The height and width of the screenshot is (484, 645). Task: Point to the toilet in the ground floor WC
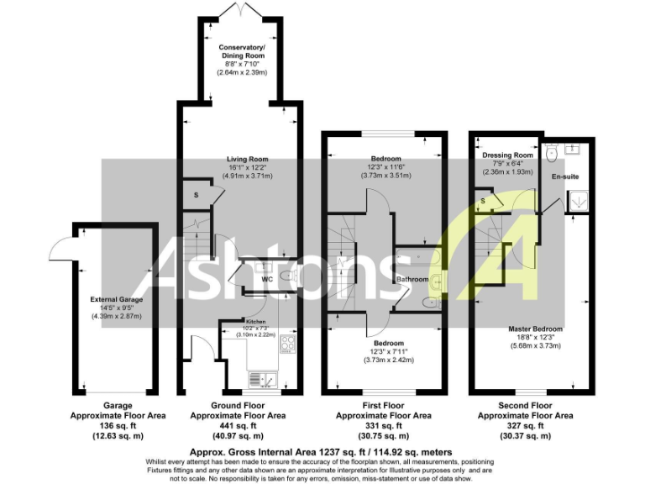click(x=286, y=276)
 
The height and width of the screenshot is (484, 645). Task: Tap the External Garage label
click(x=117, y=298)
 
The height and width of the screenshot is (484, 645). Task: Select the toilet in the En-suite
click(x=551, y=154)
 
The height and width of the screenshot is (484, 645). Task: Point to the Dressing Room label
click(x=506, y=155)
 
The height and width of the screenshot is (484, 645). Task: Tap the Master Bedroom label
click(x=535, y=328)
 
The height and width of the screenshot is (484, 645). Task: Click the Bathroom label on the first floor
click(x=412, y=279)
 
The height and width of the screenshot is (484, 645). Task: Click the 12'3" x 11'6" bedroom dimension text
click(x=386, y=167)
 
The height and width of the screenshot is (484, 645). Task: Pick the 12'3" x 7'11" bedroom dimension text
click(x=386, y=351)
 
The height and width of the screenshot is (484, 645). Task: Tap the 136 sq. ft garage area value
click(x=117, y=425)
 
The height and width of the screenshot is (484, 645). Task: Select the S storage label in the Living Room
click(x=196, y=195)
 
